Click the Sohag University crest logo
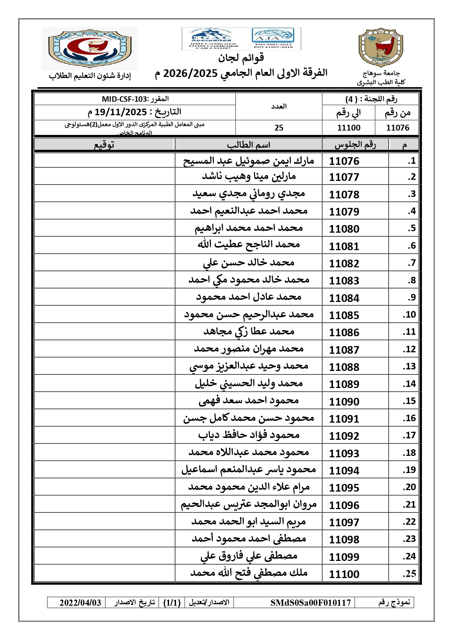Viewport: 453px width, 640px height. coord(381,48)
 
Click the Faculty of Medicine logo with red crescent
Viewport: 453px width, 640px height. coord(89,48)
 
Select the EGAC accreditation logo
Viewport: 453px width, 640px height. coord(211,38)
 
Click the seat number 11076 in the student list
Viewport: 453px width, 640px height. coord(344,161)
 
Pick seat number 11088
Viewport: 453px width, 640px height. coord(344,367)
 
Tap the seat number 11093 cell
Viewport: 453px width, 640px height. coord(344,453)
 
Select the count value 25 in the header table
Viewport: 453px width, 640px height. coord(279,128)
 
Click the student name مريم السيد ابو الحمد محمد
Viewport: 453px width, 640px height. coord(249,522)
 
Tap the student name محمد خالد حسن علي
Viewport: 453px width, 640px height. coord(249,263)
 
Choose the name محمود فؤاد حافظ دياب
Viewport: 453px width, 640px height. coord(249,435)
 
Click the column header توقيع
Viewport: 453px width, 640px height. coord(104,145)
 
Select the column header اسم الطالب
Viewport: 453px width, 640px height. coord(249,145)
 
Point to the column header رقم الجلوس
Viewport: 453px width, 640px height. coord(355,145)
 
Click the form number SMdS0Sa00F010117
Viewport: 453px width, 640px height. coord(311,602)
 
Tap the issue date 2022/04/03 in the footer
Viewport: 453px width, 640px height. coord(80,602)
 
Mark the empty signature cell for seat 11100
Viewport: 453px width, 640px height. coord(104,573)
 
